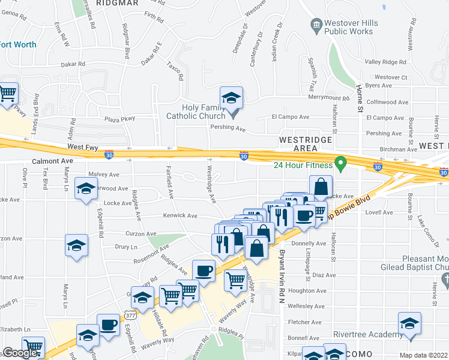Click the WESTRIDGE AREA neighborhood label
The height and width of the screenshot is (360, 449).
[306, 143]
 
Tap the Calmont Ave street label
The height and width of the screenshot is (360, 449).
[52, 161]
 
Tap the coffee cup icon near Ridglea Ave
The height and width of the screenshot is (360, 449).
[203, 271]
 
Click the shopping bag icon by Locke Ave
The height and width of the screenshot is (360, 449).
[321, 187]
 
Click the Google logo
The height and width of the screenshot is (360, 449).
[20, 353]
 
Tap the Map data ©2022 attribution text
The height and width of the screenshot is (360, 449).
[423, 355]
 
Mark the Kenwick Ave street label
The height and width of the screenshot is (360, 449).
[180, 215]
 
